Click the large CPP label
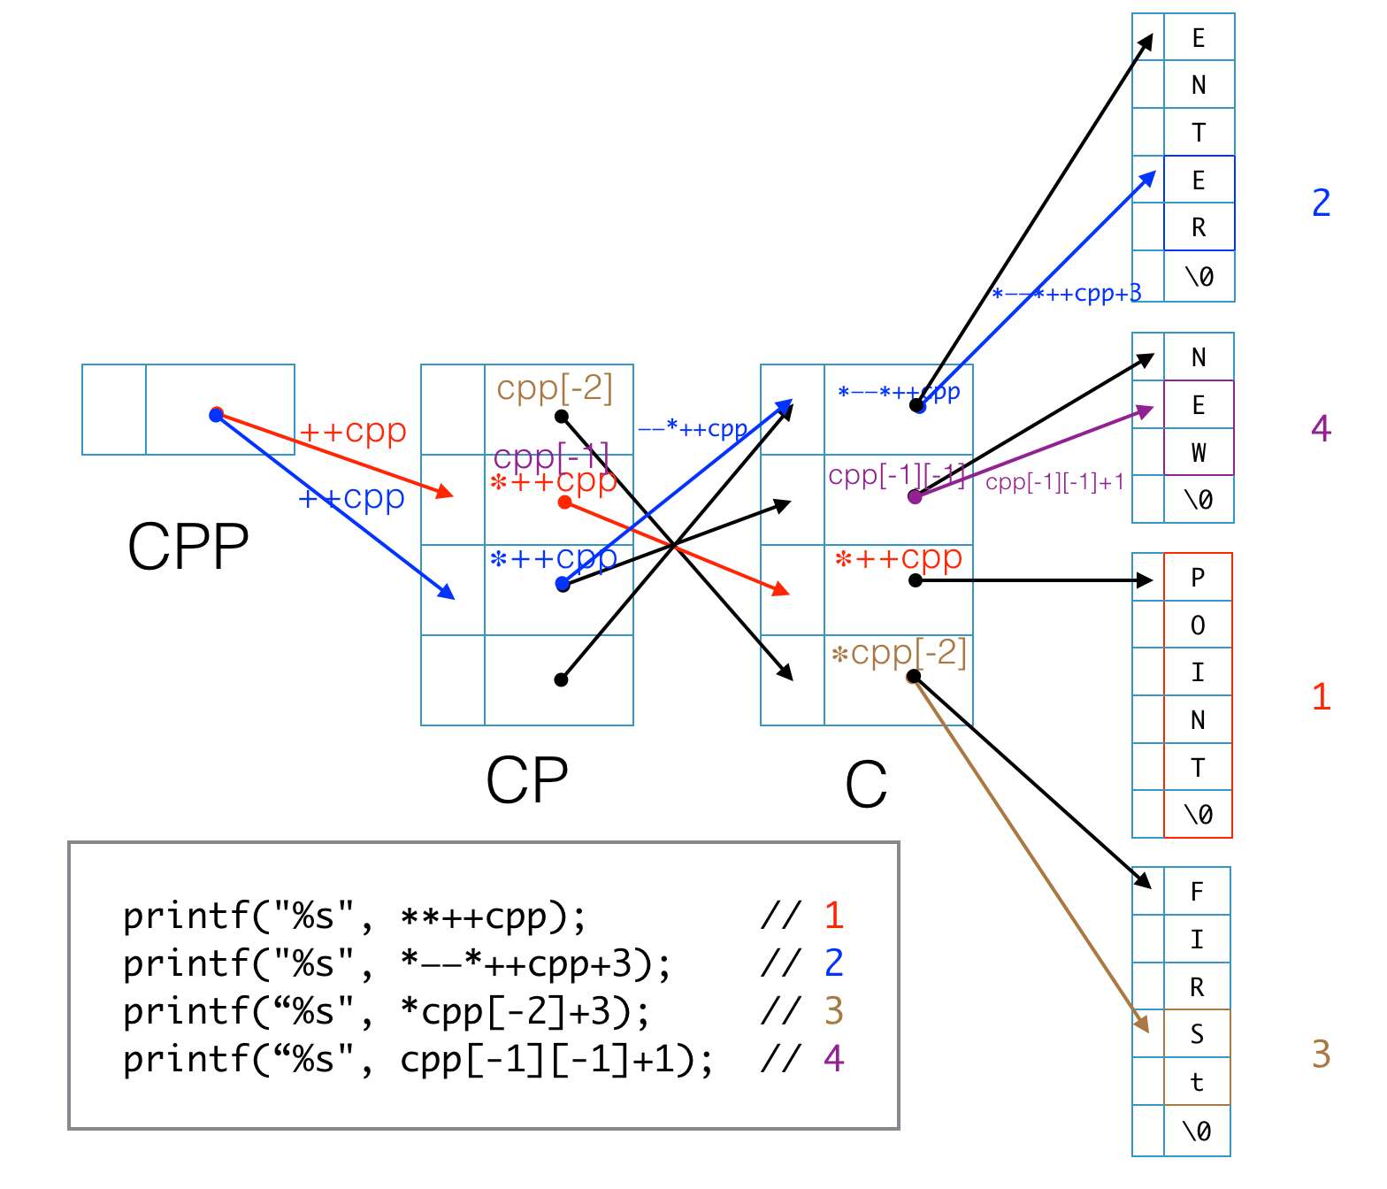click(188, 547)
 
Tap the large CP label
click(526, 781)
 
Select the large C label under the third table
click(865, 785)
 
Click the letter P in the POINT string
click(1198, 578)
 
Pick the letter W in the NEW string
click(1199, 453)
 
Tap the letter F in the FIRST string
click(1197, 892)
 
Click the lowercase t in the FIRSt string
click(1197, 1082)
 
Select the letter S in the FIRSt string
click(1197, 1034)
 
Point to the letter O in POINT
click(1198, 625)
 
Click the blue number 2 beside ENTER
click(1321, 203)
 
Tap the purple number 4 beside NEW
click(1321, 429)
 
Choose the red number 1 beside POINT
click(1321, 697)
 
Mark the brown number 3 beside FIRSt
click(1321, 1055)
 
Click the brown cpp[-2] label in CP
click(555, 388)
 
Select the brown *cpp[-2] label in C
click(899, 653)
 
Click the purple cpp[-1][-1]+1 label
click(1054, 482)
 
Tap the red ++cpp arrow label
click(353, 432)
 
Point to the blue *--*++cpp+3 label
click(1066, 294)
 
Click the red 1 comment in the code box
click(833, 916)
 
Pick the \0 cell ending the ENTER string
click(1199, 277)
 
